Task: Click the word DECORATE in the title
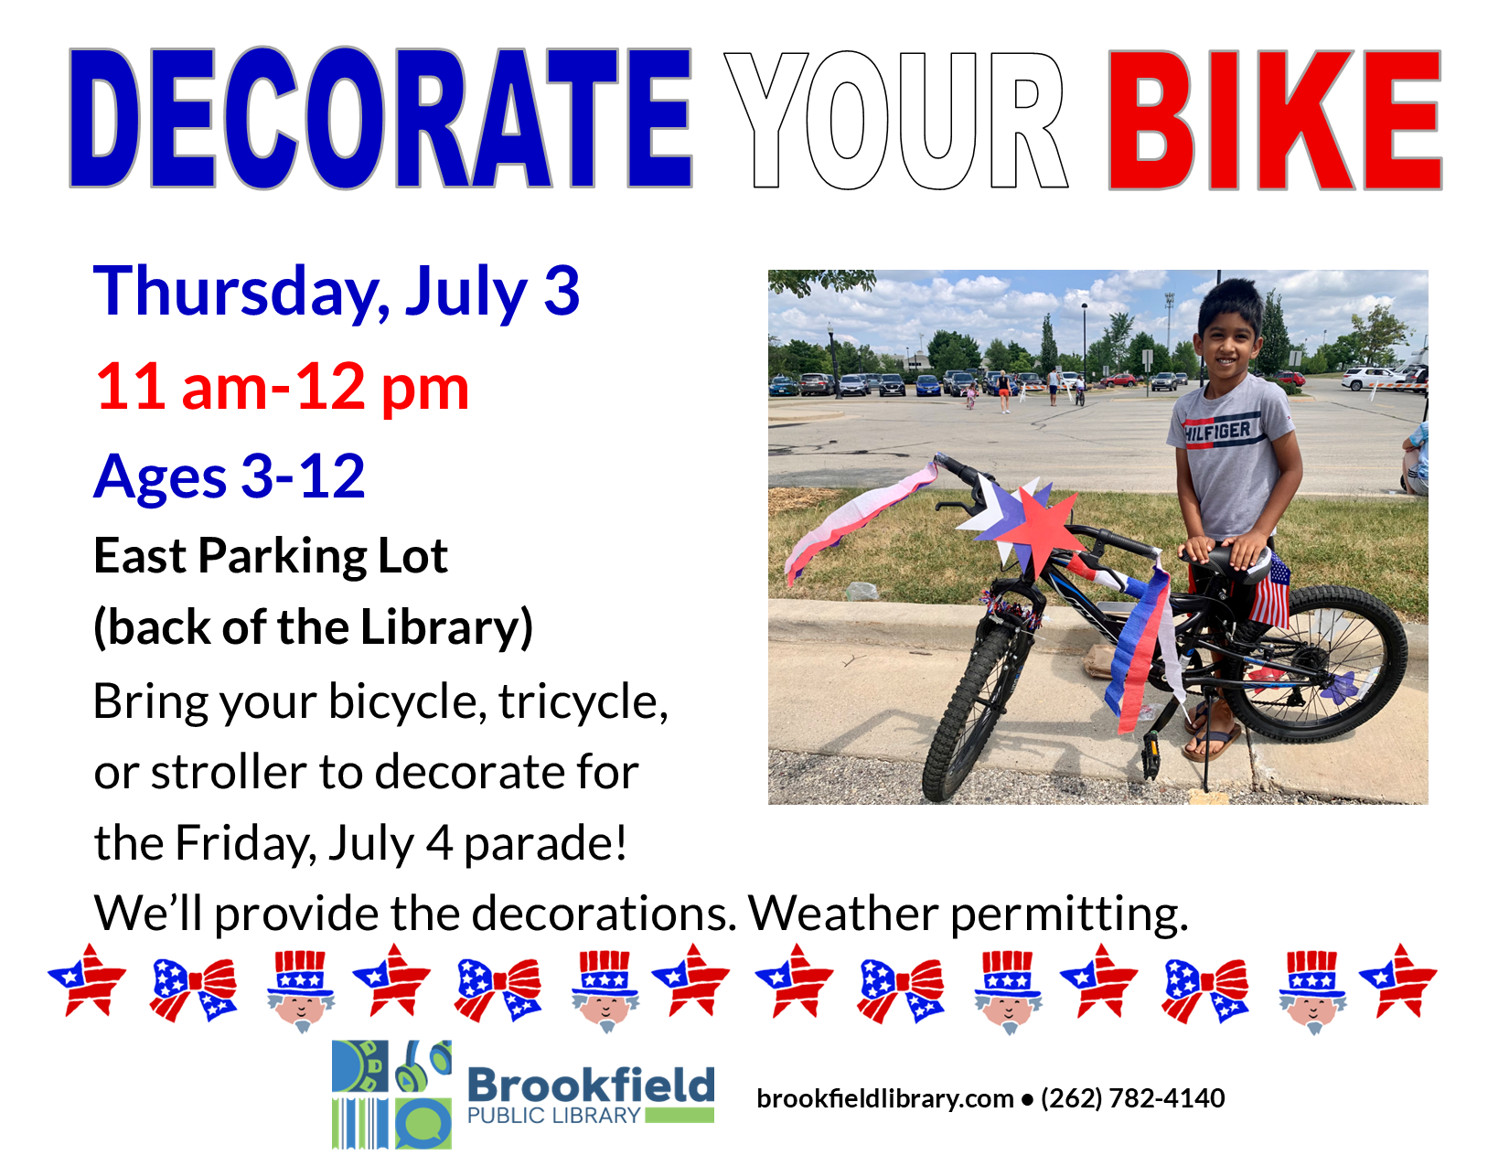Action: (x=380, y=118)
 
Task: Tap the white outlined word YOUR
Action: (x=896, y=120)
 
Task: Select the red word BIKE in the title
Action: (x=1274, y=120)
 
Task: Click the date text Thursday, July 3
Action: (x=337, y=293)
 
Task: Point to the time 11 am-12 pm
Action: (x=283, y=387)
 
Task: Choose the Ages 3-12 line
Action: (x=230, y=477)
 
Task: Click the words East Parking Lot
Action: (x=271, y=556)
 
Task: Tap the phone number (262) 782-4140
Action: (x=1132, y=1098)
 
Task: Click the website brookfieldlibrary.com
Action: (x=884, y=1098)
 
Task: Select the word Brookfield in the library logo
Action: (x=591, y=1084)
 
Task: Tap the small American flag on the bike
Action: (x=1269, y=590)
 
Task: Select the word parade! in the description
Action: (x=546, y=844)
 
